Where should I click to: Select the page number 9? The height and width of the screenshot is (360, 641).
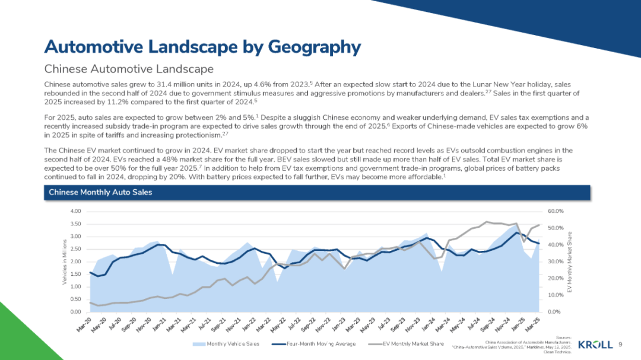[620, 345]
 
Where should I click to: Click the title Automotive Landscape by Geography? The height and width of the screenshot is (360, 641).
[202, 46]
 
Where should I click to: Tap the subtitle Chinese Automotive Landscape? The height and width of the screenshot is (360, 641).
[120, 69]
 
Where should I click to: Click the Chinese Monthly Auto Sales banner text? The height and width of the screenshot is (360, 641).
[100, 192]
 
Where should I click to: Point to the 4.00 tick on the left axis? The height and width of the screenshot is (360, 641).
[75, 212]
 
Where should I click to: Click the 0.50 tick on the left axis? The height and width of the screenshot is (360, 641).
[75, 299]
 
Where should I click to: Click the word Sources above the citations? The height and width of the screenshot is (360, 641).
[561, 336]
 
